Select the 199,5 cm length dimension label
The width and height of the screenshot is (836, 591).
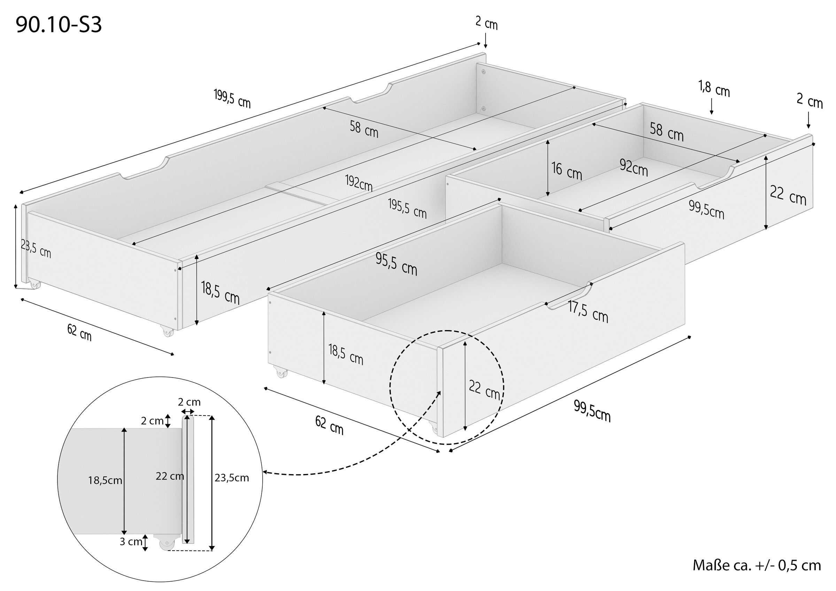pos(232,99)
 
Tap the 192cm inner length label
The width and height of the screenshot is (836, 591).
pos(359,183)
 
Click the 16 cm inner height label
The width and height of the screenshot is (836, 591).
pos(566,171)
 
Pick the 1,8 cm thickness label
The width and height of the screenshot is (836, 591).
pos(714,89)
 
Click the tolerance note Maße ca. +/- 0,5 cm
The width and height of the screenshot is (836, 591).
pos(757,566)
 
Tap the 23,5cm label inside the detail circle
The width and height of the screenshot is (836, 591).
pos(232,478)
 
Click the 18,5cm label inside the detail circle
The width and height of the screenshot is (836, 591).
pos(105,480)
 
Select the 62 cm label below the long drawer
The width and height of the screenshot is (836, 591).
pos(79,333)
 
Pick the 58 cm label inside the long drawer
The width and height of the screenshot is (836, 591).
pos(364,129)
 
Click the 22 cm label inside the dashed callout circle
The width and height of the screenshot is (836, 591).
pos(484,389)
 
